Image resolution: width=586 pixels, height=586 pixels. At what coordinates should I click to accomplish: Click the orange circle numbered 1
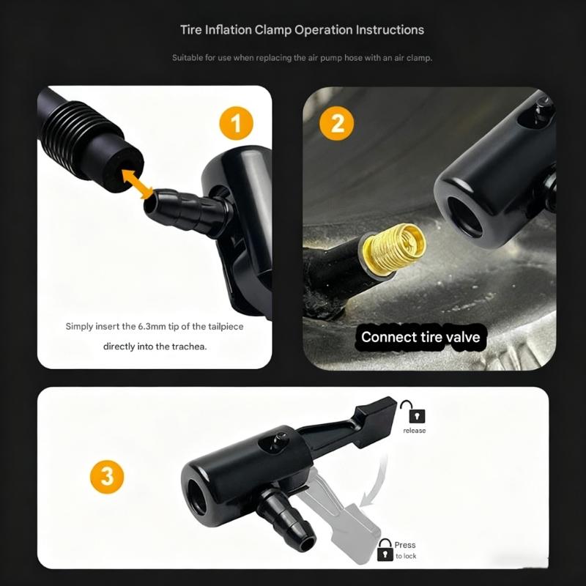[x=236, y=123]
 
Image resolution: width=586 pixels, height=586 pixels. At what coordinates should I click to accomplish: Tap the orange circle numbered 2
[x=338, y=123]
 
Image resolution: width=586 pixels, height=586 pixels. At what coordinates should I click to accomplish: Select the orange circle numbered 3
[x=107, y=478]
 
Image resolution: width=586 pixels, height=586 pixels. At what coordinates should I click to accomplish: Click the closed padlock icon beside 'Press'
[x=385, y=549]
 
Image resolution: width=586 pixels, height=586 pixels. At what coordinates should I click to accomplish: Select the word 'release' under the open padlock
[x=414, y=431]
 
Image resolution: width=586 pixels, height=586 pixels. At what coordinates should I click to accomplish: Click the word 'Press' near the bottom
[x=405, y=545]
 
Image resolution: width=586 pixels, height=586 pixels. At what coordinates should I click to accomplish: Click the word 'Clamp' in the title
[x=272, y=30]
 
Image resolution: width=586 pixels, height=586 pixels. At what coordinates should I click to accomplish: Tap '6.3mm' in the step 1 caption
[x=150, y=326]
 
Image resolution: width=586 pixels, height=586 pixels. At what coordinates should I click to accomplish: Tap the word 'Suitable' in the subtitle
[x=188, y=57]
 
